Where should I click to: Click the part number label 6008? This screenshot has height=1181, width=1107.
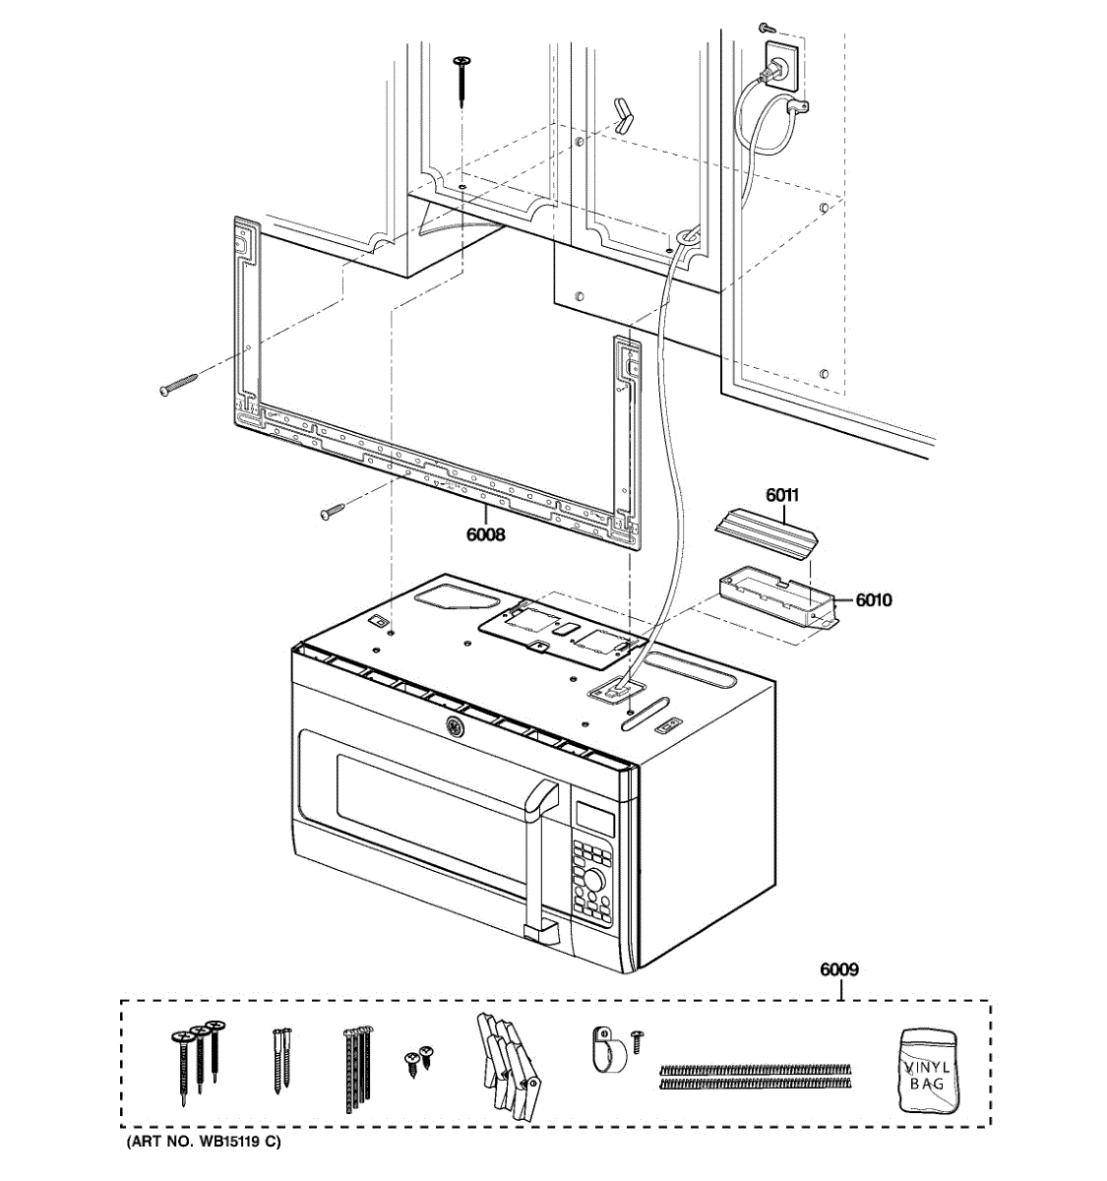click(486, 534)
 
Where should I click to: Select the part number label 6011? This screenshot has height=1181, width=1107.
click(783, 496)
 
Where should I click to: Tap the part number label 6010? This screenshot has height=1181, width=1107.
click(873, 599)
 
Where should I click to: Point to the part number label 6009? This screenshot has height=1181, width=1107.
click(839, 969)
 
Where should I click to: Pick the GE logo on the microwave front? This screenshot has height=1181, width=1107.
click(455, 728)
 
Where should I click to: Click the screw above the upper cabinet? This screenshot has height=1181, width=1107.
click(461, 79)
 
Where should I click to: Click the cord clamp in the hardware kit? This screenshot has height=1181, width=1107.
click(607, 1050)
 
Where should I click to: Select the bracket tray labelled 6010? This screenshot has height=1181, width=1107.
click(773, 595)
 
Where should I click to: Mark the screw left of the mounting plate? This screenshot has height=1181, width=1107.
click(178, 385)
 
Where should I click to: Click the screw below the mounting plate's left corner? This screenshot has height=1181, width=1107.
click(333, 511)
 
